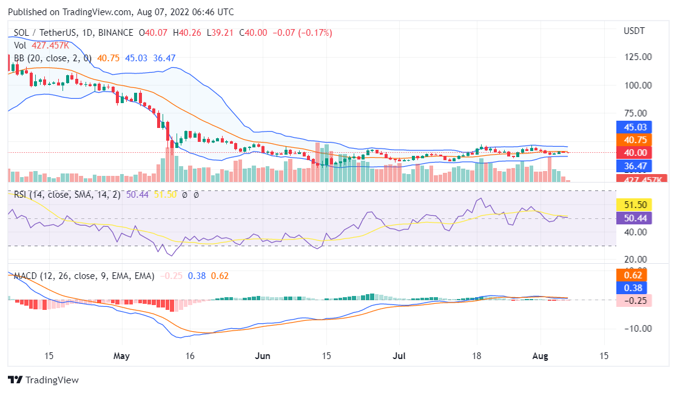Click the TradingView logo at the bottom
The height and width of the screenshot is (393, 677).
[x=43, y=380]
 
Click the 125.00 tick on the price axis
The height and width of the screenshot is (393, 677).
[x=638, y=57]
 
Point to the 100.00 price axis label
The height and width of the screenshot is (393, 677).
[x=638, y=85]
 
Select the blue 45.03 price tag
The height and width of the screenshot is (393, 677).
[x=633, y=127]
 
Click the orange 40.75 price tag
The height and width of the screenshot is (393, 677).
[x=633, y=139]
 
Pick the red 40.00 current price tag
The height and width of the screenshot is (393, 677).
[x=633, y=152]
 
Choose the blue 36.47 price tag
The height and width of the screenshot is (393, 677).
[x=633, y=165]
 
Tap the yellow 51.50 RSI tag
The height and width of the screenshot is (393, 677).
[x=633, y=205]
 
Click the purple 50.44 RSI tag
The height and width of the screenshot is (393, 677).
[x=633, y=218]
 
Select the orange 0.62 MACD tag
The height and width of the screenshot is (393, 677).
[x=633, y=275]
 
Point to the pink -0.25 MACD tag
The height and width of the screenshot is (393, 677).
[x=633, y=301]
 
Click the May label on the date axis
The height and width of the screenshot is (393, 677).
[x=122, y=355]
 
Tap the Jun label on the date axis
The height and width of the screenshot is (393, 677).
[x=262, y=355]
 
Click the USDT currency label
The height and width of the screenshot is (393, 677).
[x=635, y=30]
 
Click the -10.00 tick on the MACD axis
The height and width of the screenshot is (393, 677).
[x=637, y=329]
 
